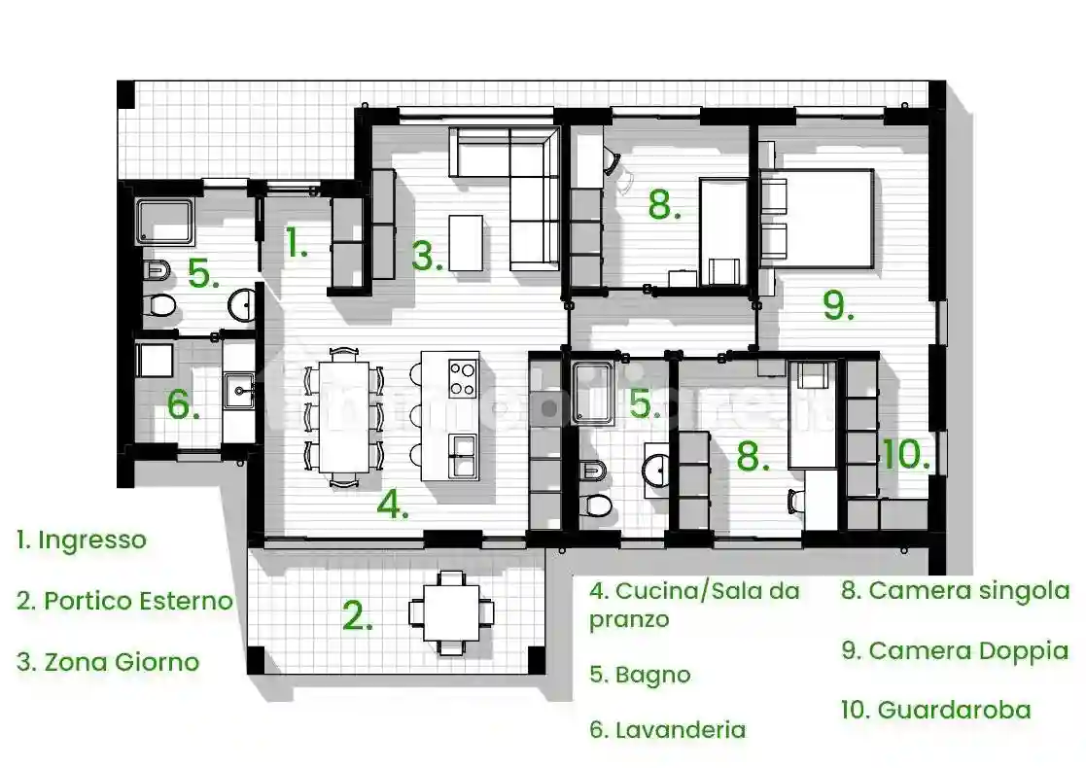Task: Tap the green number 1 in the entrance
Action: [297, 243]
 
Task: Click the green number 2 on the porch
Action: [358, 615]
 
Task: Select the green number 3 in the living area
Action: [427, 256]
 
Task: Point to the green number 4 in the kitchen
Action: [392, 504]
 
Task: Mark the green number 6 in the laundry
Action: [183, 404]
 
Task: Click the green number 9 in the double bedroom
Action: [838, 304]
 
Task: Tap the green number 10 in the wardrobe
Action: [906, 454]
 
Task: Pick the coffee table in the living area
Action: [466, 243]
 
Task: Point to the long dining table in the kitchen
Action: [342, 415]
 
